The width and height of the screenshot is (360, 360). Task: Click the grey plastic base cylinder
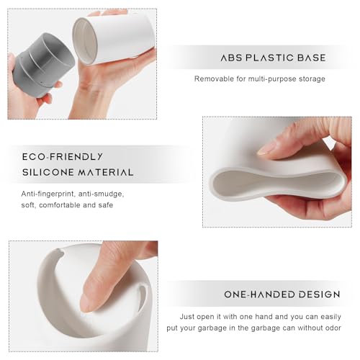43,65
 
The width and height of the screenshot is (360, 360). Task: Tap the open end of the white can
85,41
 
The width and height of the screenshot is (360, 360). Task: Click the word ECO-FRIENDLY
63,157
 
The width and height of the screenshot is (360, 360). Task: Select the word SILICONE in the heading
48,172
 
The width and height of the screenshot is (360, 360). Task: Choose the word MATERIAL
106,172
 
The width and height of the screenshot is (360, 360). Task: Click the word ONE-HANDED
259,294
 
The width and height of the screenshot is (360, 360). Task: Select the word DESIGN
320,294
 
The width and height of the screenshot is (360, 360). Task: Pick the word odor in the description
333,328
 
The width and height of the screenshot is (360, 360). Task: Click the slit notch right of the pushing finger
142,294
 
